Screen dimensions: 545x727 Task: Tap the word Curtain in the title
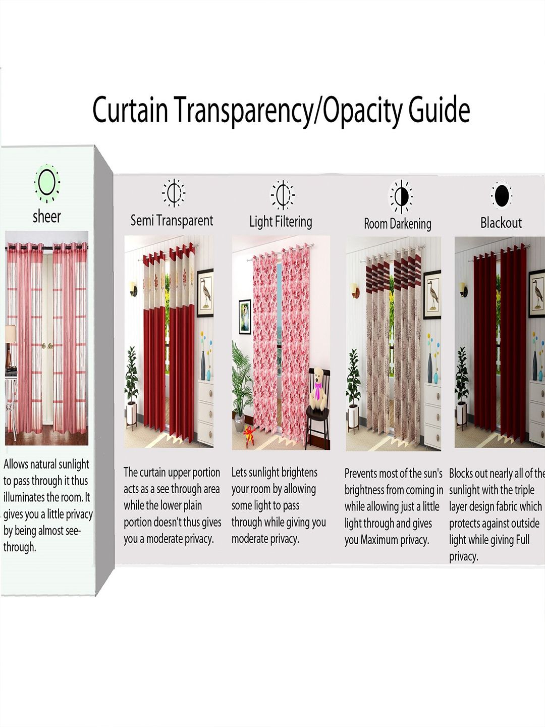coord(130,109)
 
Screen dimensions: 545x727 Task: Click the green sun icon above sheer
coord(47,183)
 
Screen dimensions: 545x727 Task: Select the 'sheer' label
coord(46,217)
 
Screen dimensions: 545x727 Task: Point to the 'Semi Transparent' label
coord(172,220)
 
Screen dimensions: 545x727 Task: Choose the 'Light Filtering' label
coord(281,222)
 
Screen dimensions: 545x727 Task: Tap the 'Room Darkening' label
coord(398,224)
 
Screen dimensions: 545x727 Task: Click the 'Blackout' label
coord(501,223)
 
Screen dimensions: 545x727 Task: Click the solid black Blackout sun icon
coord(502,195)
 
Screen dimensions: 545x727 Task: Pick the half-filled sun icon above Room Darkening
coord(401,196)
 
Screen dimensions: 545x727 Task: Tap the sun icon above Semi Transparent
coord(174,193)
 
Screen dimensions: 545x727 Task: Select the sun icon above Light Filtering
coord(283,195)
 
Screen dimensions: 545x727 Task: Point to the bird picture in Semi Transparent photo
coord(205,293)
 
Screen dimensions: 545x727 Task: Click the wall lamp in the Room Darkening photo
coord(354,289)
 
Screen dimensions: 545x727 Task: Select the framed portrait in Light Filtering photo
coord(245,317)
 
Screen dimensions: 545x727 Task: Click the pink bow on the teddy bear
coord(318,389)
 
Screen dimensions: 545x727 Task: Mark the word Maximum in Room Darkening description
coord(379,540)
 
